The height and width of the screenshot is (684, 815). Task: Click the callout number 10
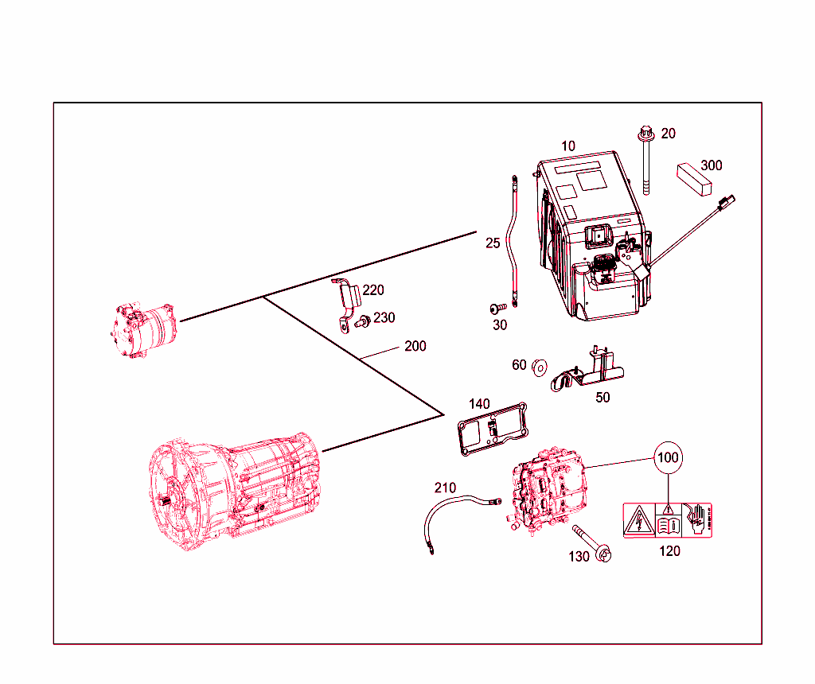[568, 146]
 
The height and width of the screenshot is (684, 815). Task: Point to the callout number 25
[493, 243]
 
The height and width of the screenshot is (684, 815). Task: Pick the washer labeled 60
[539, 366]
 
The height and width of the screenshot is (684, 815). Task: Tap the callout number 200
[415, 346]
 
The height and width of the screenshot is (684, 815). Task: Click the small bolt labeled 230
[362, 321]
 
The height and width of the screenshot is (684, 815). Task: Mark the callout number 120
[670, 550]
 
